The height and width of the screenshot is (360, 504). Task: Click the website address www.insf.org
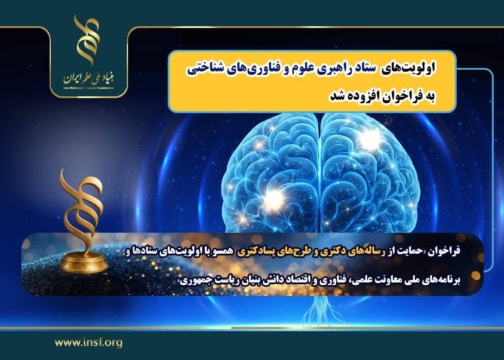tap(89, 343)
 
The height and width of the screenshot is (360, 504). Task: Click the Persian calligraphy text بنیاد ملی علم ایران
tap(89, 77)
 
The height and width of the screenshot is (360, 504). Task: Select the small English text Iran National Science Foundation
tap(89, 88)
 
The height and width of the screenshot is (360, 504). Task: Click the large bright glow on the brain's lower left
tap(274, 197)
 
